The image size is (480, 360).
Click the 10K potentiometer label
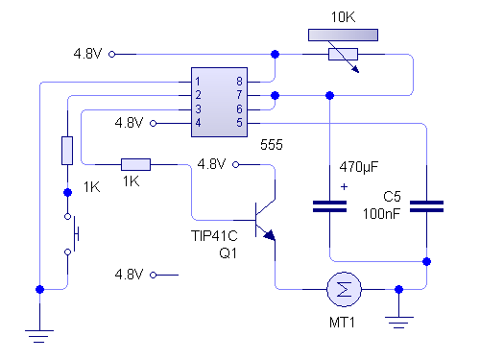[x=343, y=18]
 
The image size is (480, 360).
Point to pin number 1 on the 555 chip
[x=197, y=82]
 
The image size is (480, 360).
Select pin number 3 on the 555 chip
[x=197, y=109]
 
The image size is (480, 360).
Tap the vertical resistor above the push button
[x=67, y=151]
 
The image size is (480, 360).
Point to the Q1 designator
[x=228, y=253]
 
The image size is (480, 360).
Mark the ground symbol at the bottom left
[x=38, y=332]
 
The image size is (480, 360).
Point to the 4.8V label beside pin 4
[x=129, y=123]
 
